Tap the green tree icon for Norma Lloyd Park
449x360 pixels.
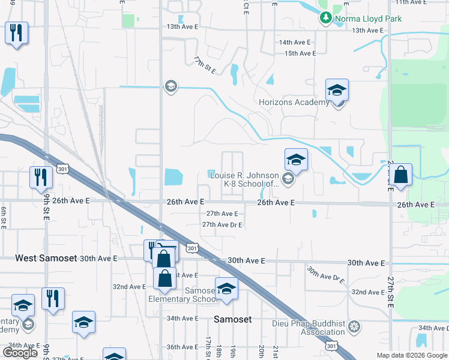(326, 18)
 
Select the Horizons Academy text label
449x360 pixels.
(294, 102)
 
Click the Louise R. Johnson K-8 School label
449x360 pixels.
(244, 179)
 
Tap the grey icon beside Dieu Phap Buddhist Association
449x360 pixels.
(355, 327)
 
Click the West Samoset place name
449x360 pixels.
(46, 258)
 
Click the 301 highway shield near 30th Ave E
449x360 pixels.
(191, 247)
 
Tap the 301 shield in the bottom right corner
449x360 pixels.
(331, 346)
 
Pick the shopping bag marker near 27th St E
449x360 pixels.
(402, 176)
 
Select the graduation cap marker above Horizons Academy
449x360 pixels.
(337, 91)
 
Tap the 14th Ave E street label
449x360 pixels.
(295, 43)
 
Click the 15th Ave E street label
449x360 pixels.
(300, 53)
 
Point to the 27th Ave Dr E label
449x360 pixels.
(221, 225)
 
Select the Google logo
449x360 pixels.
(20, 353)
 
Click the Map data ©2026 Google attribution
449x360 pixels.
(411, 355)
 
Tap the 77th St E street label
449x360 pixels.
(205, 66)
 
